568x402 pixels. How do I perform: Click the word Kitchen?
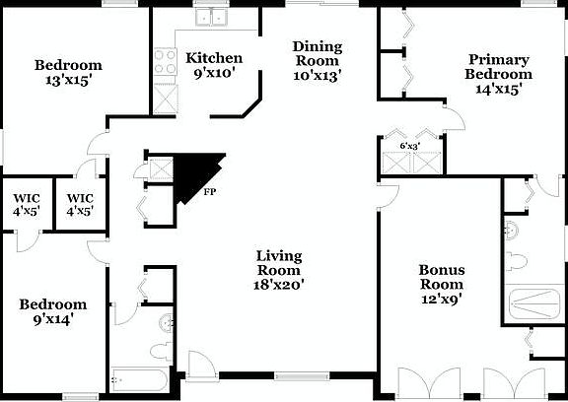(214, 58)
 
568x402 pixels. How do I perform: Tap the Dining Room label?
(318, 54)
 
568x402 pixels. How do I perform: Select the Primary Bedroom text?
(500, 67)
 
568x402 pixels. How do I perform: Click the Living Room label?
(279, 263)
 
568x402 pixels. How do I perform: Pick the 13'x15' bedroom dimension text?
(68, 81)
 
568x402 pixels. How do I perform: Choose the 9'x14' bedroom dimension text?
(53, 319)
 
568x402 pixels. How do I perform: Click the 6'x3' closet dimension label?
(409, 146)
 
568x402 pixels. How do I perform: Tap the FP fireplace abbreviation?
(210, 191)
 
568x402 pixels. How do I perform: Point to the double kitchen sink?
(210, 16)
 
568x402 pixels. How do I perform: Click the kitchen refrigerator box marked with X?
(164, 96)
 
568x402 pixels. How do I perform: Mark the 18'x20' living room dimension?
(279, 284)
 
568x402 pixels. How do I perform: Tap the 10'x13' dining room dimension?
(318, 75)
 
